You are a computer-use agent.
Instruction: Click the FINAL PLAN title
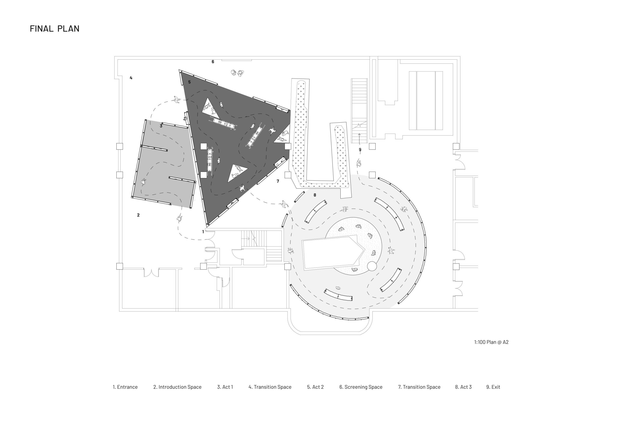(55, 29)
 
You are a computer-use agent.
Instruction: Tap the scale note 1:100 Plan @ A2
(491, 342)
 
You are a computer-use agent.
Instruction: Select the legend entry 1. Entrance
(125, 387)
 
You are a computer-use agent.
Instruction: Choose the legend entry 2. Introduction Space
(177, 387)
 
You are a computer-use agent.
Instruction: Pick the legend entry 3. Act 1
(225, 387)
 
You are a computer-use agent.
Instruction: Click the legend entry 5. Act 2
(315, 387)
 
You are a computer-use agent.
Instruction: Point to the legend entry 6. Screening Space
(361, 387)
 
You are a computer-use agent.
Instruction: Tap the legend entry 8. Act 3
(463, 387)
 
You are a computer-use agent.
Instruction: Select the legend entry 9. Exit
(493, 387)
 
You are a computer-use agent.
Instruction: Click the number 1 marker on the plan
(203, 232)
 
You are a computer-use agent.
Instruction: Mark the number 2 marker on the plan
(138, 215)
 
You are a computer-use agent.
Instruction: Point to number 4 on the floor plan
(131, 78)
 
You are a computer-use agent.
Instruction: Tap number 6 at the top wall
(213, 62)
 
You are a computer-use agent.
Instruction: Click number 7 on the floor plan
(278, 181)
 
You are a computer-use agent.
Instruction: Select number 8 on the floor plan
(315, 195)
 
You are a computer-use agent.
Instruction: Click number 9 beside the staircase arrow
(360, 150)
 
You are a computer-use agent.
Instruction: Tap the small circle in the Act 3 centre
(372, 266)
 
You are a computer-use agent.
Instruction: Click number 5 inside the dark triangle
(190, 82)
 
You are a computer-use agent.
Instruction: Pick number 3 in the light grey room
(161, 126)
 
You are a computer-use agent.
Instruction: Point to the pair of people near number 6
(237, 73)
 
